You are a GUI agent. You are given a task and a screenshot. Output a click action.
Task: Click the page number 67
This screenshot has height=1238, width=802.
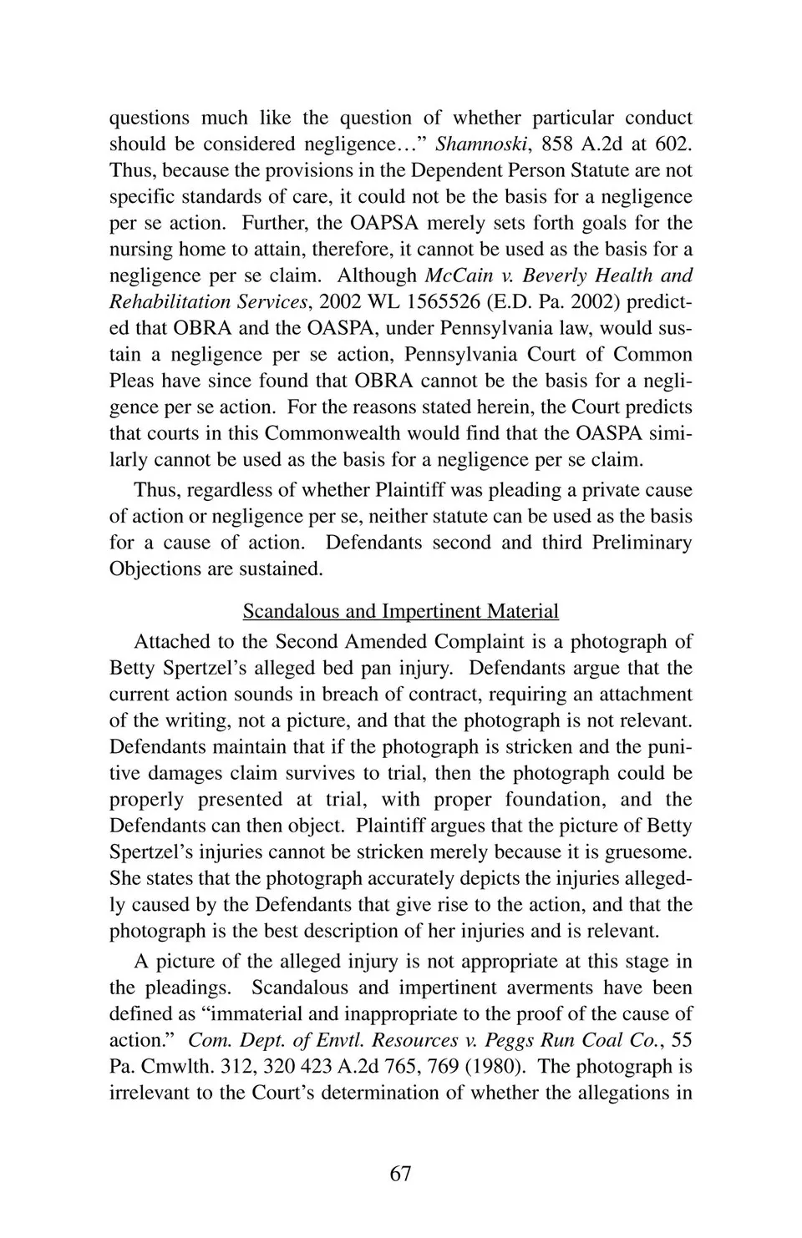pyautogui.click(x=400, y=1174)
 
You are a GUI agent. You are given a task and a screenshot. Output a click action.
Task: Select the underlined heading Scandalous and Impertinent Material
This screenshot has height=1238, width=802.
pyautogui.click(x=400, y=611)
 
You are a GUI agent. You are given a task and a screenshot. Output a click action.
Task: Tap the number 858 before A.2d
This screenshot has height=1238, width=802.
pyautogui.click(x=558, y=144)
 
